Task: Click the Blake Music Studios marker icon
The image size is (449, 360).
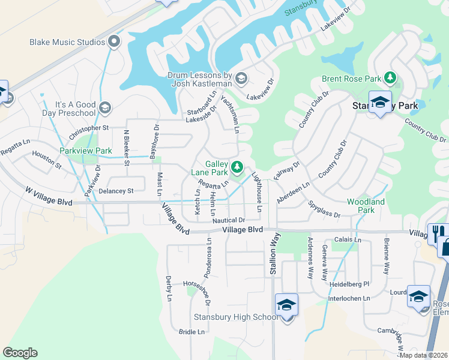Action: click(x=115, y=42)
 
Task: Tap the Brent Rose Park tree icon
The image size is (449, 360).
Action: click(x=391, y=77)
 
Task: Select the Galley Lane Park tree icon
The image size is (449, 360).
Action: click(x=238, y=166)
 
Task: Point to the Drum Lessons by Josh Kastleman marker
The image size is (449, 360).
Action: click(x=241, y=78)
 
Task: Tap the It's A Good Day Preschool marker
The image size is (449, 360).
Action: click(x=105, y=108)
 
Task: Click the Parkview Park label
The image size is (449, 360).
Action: click(x=85, y=151)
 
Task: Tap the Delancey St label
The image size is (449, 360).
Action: click(x=116, y=191)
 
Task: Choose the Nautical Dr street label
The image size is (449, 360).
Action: click(x=229, y=220)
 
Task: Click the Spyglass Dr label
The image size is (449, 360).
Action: click(x=325, y=210)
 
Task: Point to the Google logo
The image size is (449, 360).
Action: click(x=20, y=353)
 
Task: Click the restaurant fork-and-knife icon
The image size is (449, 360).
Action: click(x=436, y=233)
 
